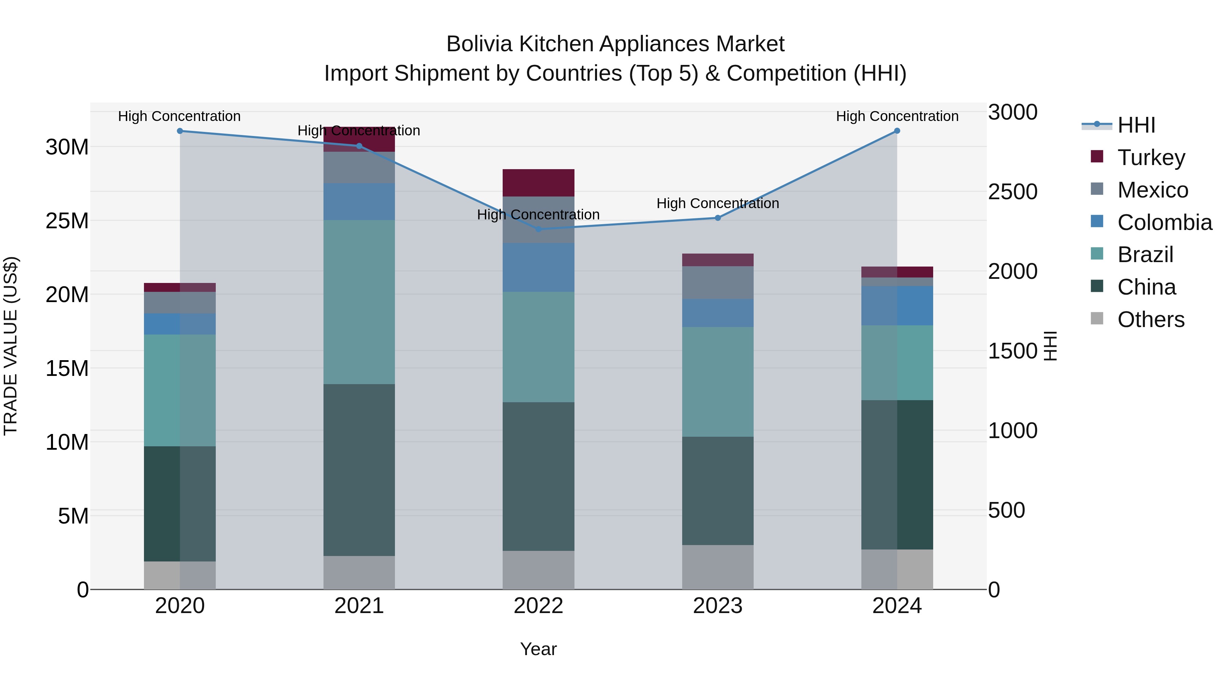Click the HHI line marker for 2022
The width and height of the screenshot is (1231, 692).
coord(539,229)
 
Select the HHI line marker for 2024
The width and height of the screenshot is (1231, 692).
coord(897,131)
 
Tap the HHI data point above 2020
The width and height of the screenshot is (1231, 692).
coord(180,131)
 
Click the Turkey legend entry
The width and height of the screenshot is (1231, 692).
coord(1151,158)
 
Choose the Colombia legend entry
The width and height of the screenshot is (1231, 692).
coord(1164,222)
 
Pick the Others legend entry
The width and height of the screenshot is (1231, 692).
coord(1151,320)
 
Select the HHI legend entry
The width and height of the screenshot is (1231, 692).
coord(1136,125)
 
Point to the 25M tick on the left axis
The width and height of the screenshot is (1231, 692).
coord(67,221)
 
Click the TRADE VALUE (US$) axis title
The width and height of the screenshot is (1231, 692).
coord(11,346)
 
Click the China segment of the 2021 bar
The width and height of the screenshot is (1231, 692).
coord(359,470)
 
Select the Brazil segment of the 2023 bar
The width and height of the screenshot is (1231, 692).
coord(717,382)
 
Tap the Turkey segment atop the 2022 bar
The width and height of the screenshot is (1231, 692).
coord(538,182)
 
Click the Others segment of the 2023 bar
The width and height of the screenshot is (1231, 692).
coord(717,567)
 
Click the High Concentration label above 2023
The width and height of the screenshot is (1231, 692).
coord(717,203)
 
